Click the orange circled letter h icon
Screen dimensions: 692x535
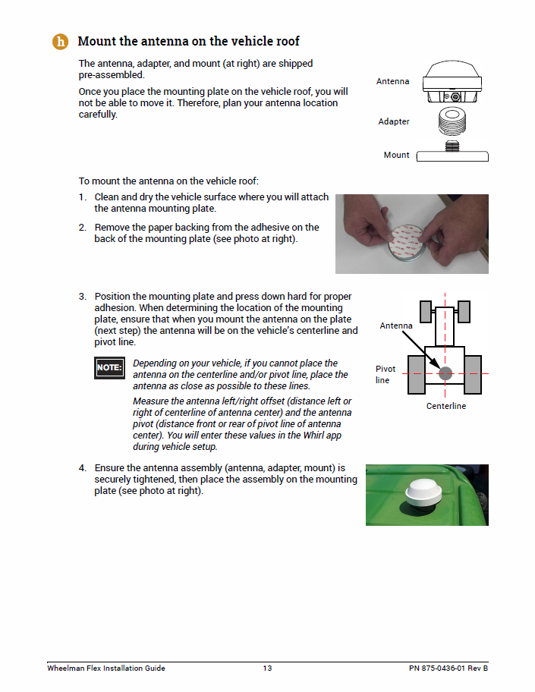[60, 41]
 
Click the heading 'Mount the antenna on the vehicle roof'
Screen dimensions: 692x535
[189, 41]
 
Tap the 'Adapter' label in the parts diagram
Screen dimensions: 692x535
[394, 121]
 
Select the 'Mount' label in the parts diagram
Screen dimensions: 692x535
[396, 155]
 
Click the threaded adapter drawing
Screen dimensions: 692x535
[455, 121]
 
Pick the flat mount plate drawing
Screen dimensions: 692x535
[455, 156]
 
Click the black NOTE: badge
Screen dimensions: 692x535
[109, 368]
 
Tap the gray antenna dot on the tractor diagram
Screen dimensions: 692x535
[445, 373]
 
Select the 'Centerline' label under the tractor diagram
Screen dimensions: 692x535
[445, 406]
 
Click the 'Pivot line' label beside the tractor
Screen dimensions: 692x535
[386, 374]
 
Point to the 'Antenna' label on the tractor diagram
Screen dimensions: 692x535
[396, 326]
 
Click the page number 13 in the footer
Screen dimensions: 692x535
[267, 668]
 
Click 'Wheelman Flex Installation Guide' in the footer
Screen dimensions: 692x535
[106, 668]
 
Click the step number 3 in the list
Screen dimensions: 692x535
[83, 296]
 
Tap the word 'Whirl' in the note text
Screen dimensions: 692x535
[304, 436]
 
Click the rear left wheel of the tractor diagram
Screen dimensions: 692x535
[416, 374]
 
